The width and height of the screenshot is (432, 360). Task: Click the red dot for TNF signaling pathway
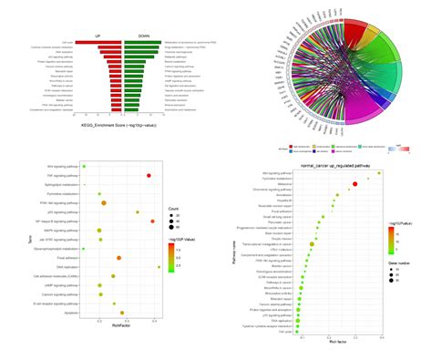[149, 176]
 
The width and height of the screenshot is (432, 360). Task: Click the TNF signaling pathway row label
[63, 176]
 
